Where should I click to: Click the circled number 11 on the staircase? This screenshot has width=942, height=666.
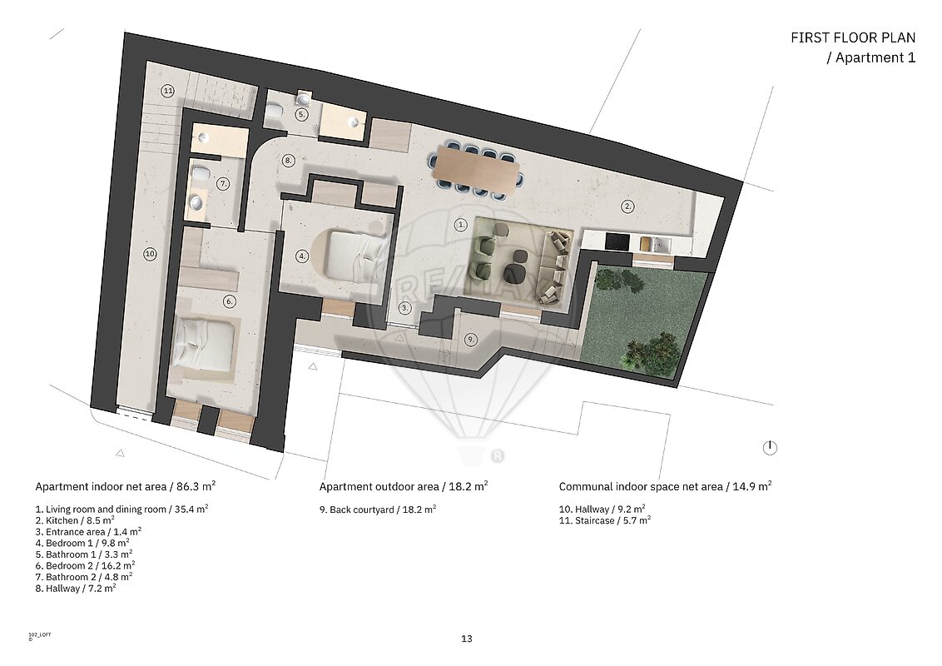click(x=167, y=92)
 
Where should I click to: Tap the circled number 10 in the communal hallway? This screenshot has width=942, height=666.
click(x=150, y=254)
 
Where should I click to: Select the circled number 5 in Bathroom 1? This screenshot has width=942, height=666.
click(x=301, y=114)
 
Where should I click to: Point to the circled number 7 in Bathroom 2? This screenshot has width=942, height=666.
click(x=223, y=183)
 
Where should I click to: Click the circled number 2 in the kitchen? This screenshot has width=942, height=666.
click(x=627, y=206)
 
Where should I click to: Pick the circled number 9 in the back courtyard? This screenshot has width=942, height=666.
click(x=471, y=340)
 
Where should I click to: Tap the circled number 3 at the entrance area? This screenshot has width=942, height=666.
click(x=405, y=308)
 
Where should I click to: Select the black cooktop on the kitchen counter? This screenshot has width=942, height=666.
click(x=617, y=241)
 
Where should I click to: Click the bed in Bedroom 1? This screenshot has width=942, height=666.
click(x=354, y=256)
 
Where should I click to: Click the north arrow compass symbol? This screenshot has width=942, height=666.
click(x=770, y=448)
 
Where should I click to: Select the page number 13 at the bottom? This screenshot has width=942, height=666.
click(x=467, y=639)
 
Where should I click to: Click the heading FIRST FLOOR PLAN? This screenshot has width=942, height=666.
click(x=853, y=37)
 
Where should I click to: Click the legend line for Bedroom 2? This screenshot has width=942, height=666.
click(x=86, y=565)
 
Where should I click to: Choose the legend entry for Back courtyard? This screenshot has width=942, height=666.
click(x=378, y=509)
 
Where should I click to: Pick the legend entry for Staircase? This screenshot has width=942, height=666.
click(x=605, y=520)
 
